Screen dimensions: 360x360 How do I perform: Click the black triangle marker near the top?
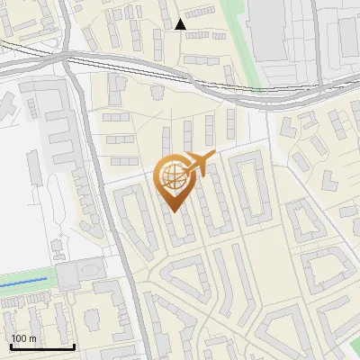pos(180,24)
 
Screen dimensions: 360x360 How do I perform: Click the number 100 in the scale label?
pos(19,338)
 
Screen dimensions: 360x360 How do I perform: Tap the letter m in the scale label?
pos(32,338)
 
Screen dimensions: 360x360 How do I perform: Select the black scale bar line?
pos(41,346)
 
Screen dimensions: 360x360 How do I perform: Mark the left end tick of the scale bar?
pos(10,346)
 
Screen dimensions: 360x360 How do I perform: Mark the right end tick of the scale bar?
pos(74,346)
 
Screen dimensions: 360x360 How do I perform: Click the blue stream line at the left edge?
pos(22,283)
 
